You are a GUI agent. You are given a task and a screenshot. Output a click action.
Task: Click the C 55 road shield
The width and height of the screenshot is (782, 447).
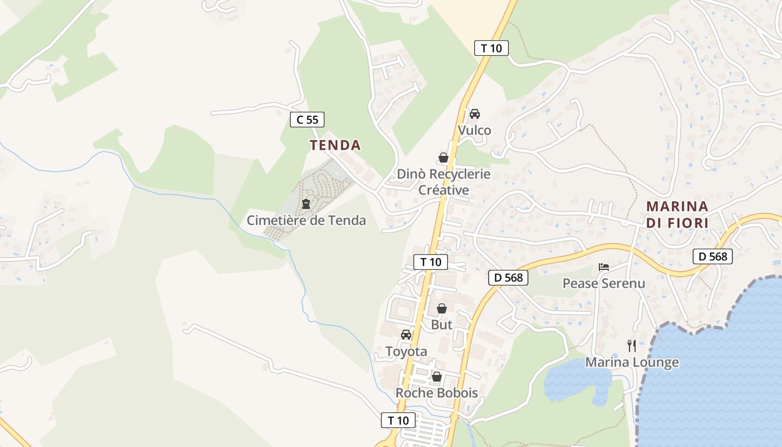click(x=307, y=119)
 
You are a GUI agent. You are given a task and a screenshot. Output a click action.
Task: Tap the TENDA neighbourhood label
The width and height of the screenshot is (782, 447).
click(x=335, y=145)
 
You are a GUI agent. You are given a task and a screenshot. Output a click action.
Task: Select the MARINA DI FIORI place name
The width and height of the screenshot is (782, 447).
click(x=678, y=215)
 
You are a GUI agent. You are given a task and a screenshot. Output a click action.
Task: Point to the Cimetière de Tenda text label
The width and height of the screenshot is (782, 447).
click(x=306, y=220)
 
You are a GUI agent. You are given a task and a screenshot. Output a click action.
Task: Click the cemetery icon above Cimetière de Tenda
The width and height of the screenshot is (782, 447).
click(x=306, y=204)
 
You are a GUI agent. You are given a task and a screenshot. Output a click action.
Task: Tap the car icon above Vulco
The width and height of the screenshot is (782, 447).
click(x=474, y=114)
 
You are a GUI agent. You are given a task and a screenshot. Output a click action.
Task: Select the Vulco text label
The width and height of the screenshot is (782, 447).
click(x=474, y=130)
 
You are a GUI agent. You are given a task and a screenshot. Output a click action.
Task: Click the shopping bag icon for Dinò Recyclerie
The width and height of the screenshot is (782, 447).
click(x=444, y=158)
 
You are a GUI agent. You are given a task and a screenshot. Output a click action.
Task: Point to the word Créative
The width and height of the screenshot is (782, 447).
click(x=444, y=190)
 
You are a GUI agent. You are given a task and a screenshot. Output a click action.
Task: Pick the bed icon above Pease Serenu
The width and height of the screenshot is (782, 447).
click(x=603, y=267)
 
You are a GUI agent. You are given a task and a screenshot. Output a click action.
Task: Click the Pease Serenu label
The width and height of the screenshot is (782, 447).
click(x=603, y=283)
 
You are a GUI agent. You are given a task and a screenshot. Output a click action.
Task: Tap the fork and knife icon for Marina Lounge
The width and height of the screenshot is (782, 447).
click(x=632, y=345)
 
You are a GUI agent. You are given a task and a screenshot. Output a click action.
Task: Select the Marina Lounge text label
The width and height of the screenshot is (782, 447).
click(x=632, y=362)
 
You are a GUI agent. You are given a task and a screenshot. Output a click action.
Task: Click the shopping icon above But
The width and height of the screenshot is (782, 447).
click(x=441, y=308)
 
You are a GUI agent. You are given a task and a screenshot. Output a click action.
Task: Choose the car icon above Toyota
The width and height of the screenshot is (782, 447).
click(x=406, y=335)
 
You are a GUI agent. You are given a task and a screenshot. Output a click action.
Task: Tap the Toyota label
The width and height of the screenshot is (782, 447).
click(x=406, y=351)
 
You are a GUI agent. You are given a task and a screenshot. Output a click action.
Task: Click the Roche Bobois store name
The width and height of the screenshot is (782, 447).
click(x=437, y=393)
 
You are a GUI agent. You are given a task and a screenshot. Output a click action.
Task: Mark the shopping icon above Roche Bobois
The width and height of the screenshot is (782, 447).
click(x=437, y=377)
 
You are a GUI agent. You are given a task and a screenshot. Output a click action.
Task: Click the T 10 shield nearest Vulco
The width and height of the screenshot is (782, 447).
click(x=492, y=48)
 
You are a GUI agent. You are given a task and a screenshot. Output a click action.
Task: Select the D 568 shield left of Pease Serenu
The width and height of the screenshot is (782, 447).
click(x=508, y=277)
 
